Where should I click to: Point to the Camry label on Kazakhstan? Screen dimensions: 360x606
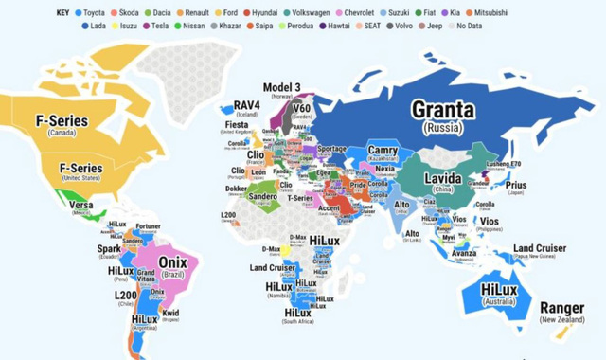382,151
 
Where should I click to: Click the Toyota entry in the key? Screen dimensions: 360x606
89,12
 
